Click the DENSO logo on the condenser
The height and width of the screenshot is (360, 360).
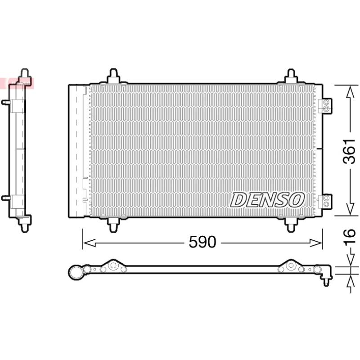tap(267, 200)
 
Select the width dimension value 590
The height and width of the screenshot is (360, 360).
tap(202, 242)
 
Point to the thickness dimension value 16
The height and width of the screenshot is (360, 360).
tap(350, 236)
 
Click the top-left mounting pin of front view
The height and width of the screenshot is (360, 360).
tap(113, 76)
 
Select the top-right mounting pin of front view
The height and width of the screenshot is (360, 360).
tap(291, 76)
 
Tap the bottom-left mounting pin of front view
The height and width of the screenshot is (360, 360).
tap(113, 225)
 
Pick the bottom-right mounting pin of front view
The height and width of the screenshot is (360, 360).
tap(291, 225)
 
